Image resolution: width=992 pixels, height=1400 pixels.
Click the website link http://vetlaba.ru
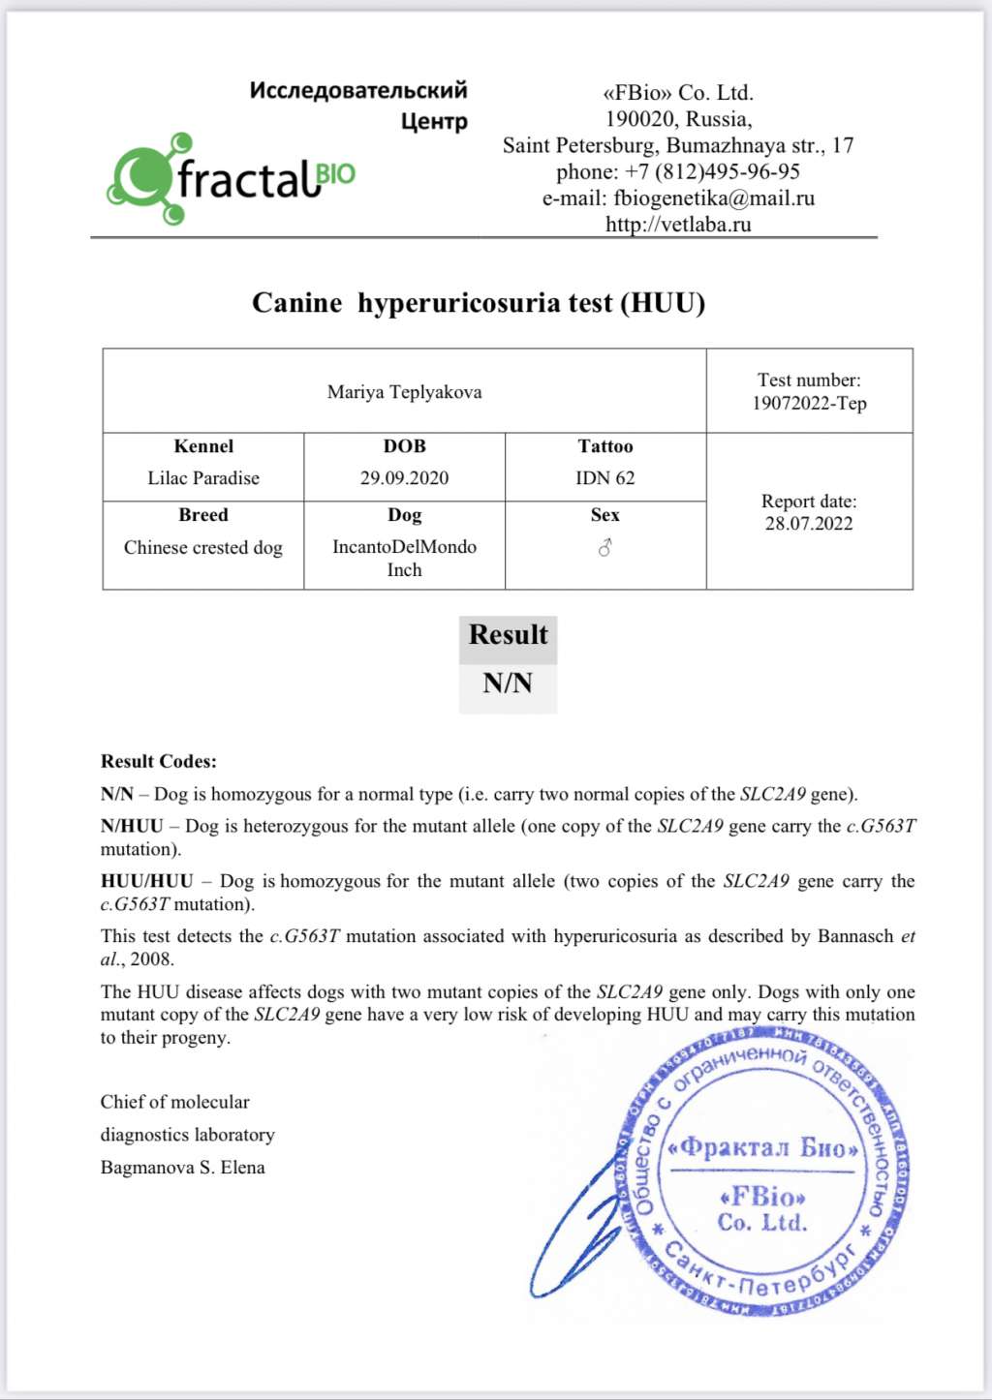pyautogui.click(x=678, y=225)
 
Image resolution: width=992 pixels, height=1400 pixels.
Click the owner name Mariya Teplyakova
pyautogui.click(x=404, y=392)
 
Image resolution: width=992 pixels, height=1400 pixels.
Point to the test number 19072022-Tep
pyautogui.click(x=809, y=404)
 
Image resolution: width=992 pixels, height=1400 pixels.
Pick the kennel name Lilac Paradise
pyautogui.click(x=203, y=478)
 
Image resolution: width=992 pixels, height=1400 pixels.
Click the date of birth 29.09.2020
pyautogui.click(x=404, y=478)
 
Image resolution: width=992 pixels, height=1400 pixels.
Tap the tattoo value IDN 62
pyautogui.click(x=605, y=478)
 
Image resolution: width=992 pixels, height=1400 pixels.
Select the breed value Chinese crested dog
pyautogui.click(x=203, y=548)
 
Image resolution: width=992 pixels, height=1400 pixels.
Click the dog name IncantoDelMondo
pyautogui.click(x=404, y=547)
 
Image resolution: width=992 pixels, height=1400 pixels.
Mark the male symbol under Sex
pyautogui.click(x=605, y=548)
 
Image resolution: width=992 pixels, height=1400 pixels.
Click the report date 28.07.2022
pyautogui.click(x=809, y=524)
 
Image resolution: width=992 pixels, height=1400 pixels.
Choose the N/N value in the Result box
pyautogui.click(x=508, y=684)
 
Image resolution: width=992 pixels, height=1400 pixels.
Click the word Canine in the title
pyautogui.click(x=296, y=303)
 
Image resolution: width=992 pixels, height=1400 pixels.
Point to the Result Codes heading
pyautogui.click(x=159, y=762)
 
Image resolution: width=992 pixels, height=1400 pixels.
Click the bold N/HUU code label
pyautogui.click(x=132, y=827)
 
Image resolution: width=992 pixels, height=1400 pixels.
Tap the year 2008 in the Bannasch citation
pyautogui.click(x=152, y=959)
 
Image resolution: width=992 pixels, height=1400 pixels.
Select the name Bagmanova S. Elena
pyautogui.click(x=182, y=1168)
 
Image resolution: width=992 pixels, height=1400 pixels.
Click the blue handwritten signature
pyautogui.click(x=576, y=1230)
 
